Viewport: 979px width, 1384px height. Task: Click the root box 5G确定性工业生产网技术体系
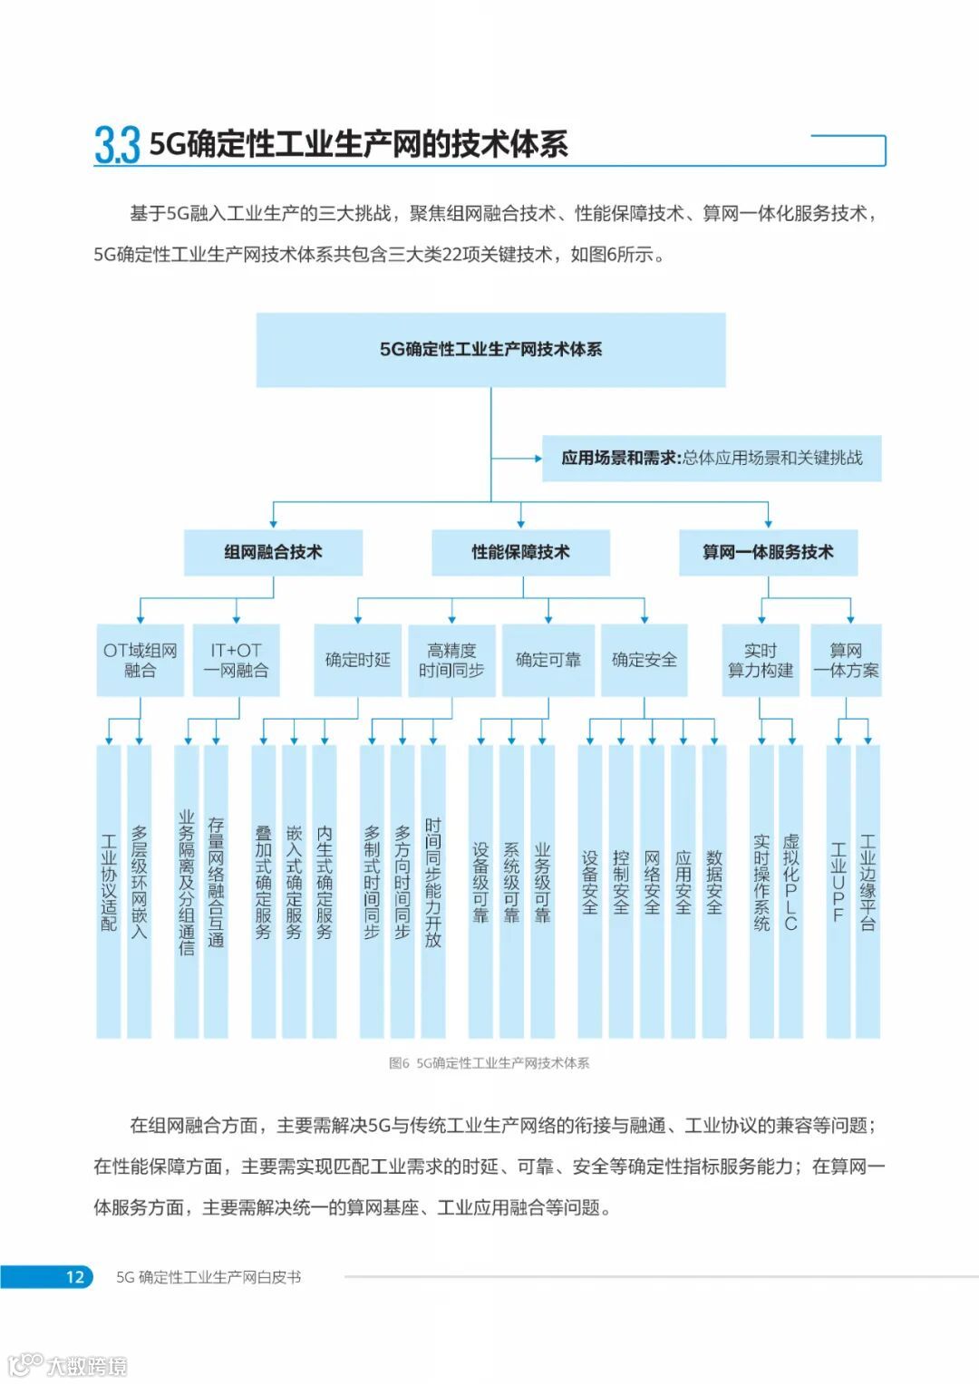pos(490,350)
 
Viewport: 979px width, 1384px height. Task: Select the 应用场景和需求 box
pos(711,458)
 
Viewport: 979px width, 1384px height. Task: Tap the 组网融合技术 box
pos(273,552)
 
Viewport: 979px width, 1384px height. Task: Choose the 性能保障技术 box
pos(520,552)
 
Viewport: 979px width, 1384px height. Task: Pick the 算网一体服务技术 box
pos(768,552)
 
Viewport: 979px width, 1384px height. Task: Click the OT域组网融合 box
pos(141,660)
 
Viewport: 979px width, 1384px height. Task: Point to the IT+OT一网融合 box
pos(236,660)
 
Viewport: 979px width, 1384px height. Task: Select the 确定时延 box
pos(357,660)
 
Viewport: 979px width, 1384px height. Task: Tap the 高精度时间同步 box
pos(451,660)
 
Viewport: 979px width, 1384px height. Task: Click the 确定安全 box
pos(644,660)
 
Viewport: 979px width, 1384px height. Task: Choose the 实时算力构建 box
pos(761,660)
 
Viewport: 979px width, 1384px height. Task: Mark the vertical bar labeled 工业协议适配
pos(109,891)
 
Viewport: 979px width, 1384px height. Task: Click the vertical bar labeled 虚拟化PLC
pos(790,891)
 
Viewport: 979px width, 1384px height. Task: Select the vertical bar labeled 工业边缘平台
pos(868,891)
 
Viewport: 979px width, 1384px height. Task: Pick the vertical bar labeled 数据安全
pos(714,891)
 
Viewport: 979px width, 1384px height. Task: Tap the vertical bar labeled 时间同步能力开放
pos(433,891)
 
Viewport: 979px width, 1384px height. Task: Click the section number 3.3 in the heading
pos(117,145)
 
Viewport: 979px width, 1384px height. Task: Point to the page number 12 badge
pos(74,1277)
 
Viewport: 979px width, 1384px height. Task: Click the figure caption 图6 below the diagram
pos(489,1063)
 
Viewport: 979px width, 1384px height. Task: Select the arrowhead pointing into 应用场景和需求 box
pos(537,458)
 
